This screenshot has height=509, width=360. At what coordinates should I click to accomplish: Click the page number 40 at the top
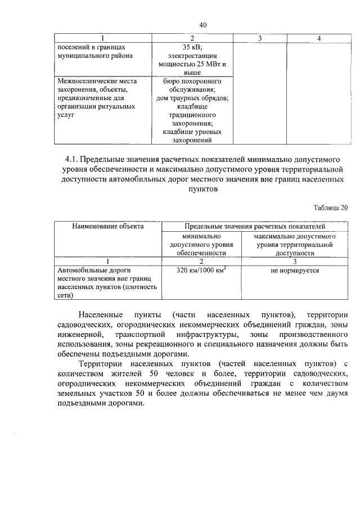tap(203, 24)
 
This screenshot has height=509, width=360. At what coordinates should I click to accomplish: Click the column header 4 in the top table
tap(319, 38)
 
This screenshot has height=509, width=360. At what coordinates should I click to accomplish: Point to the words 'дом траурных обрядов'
tap(192, 97)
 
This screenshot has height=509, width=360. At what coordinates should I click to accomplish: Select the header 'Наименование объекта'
tap(107, 226)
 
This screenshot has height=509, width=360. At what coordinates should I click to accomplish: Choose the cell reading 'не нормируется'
tap(294, 271)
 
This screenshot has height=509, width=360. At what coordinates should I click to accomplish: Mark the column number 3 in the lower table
tap(294, 262)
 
